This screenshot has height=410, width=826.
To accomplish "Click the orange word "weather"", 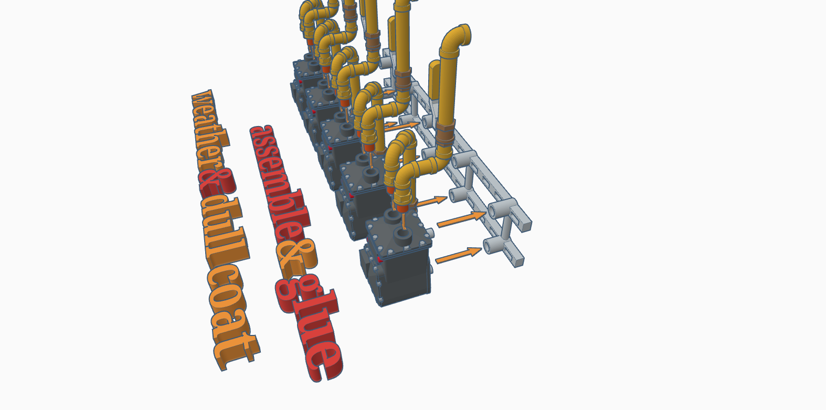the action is pos(210,131).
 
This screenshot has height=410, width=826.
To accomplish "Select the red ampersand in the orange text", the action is pos(217,183).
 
